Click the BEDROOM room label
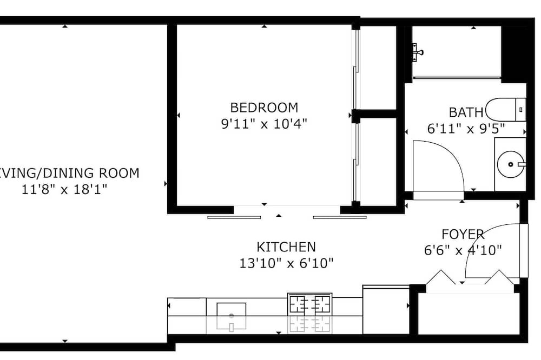[x=264, y=108]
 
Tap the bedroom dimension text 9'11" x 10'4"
[x=264, y=123]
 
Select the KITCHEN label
[x=286, y=247]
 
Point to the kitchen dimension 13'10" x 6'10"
[x=286, y=263]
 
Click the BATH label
[x=466, y=112]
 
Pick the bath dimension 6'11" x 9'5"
[x=466, y=129]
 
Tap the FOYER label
[x=463, y=235]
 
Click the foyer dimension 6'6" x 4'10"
[x=463, y=250]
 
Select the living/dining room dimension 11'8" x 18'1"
[x=64, y=189]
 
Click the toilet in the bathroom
[x=505, y=110]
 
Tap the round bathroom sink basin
[x=511, y=164]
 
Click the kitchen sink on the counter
[x=231, y=309]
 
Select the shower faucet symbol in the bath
[x=418, y=52]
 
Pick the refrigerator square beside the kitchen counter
[x=386, y=309]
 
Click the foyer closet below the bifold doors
[x=469, y=314]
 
